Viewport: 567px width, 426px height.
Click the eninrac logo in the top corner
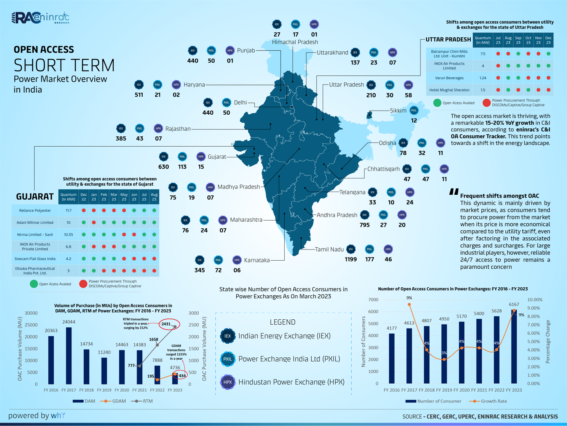pyautogui.click(x=40, y=18)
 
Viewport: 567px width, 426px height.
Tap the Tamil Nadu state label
pyautogui.click(x=329, y=250)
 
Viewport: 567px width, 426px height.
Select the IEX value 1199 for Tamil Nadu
pyautogui.click(x=350, y=259)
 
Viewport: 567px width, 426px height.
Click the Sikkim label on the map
pyautogui.click(x=398, y=111)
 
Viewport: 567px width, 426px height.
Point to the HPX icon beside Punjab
pyautogui.click(x=230, y=50)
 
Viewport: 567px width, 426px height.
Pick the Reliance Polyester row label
pyautogui.click(x=35, y=210)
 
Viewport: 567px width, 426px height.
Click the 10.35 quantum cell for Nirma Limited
pyautogui.click(x=68, y=235)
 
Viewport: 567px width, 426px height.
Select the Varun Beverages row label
pyautogui.click(x=449, y=78)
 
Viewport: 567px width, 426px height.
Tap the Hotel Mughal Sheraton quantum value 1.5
pyautogui.click(x=483, y=90)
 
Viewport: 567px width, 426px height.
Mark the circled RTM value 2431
pyautogui.click(x=166, y=324)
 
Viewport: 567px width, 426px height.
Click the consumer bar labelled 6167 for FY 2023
pyautogui.click(x=514, y=347)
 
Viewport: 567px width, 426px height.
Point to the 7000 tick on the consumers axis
pyautogui.click(x=373, y=300)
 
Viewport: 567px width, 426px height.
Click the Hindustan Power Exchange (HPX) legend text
pyautogui.click(x=291, y=382)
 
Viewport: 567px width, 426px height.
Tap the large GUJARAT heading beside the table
pyautogui.click(x=35, y=197)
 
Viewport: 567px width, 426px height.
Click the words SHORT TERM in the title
pyautogui.click(x=64, y=65)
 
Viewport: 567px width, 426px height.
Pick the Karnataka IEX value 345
pyautogui.click(x=199, y=270)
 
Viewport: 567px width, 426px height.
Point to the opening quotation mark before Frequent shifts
pyautogui.click(x=453, y=192)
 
